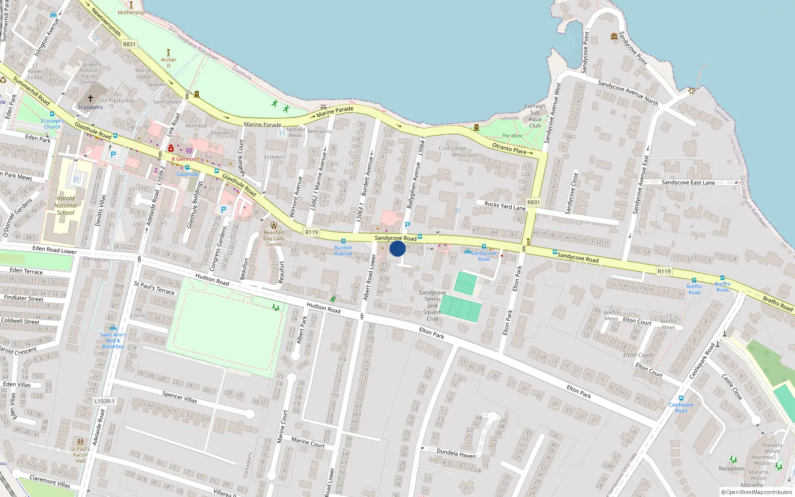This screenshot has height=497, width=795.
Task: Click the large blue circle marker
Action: click(397, 248)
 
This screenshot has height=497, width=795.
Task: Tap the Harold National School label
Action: click(65, 205)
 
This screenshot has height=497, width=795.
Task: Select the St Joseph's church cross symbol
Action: click(90, 98)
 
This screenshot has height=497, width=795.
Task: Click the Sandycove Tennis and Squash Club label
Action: click(432, 306)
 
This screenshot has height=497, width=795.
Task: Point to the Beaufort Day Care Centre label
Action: click(274, 238)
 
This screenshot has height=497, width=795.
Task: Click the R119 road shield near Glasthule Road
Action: click(312, 232)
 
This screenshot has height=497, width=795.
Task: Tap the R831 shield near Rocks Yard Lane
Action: click(533, 202)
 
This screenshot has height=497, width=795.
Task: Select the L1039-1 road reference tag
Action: click(104, 401)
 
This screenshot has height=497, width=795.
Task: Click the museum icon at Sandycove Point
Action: click(614, 36)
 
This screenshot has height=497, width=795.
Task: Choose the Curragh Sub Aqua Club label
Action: click(535, 116)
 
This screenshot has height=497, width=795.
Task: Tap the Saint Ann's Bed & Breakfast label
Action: click(113, 340)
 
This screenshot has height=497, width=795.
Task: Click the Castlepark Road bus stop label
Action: click(681, 408)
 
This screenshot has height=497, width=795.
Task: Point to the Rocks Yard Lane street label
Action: click(504, 205)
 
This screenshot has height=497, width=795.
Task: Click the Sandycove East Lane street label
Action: click(688, 182)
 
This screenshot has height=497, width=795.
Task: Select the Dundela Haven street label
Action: click(456, 453)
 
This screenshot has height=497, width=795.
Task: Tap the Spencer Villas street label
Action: click(179, 397)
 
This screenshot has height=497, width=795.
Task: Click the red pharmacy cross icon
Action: click(171, 149)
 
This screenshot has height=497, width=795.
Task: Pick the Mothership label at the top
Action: click(131, 12)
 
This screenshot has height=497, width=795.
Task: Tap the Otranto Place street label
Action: click(509, 148)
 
